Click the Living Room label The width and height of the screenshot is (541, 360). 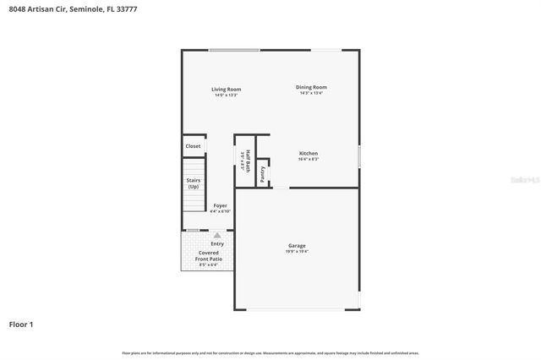(x=226, y=89)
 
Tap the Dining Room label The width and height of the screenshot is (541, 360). (x=311, y=87)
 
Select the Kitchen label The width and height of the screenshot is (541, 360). (x=308, y=153)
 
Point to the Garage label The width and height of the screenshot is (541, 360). (x=296, y=245)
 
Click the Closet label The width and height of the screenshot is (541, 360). (x=194, y=146)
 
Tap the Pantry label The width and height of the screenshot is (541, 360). (x=263, y=174)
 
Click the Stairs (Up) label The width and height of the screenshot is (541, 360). (x=194, y=183)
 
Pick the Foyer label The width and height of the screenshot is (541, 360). (x=220, y=205)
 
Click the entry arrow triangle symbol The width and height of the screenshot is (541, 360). (x=217, y=235)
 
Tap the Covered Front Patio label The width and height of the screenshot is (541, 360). (x=208, y=255)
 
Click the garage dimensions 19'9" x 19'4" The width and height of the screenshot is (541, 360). (x=296, y=251)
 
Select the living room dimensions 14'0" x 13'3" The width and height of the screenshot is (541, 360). (x=226, y=95)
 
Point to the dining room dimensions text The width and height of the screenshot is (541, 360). (x=311, y=93)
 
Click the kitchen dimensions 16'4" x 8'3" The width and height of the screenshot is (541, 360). (x=308, y=159)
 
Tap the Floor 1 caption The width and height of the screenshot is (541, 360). (x=21, y=324)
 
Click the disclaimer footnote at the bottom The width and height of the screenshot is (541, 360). (x=270, y=352)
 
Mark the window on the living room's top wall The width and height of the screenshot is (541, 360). (x=235, y=50)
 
